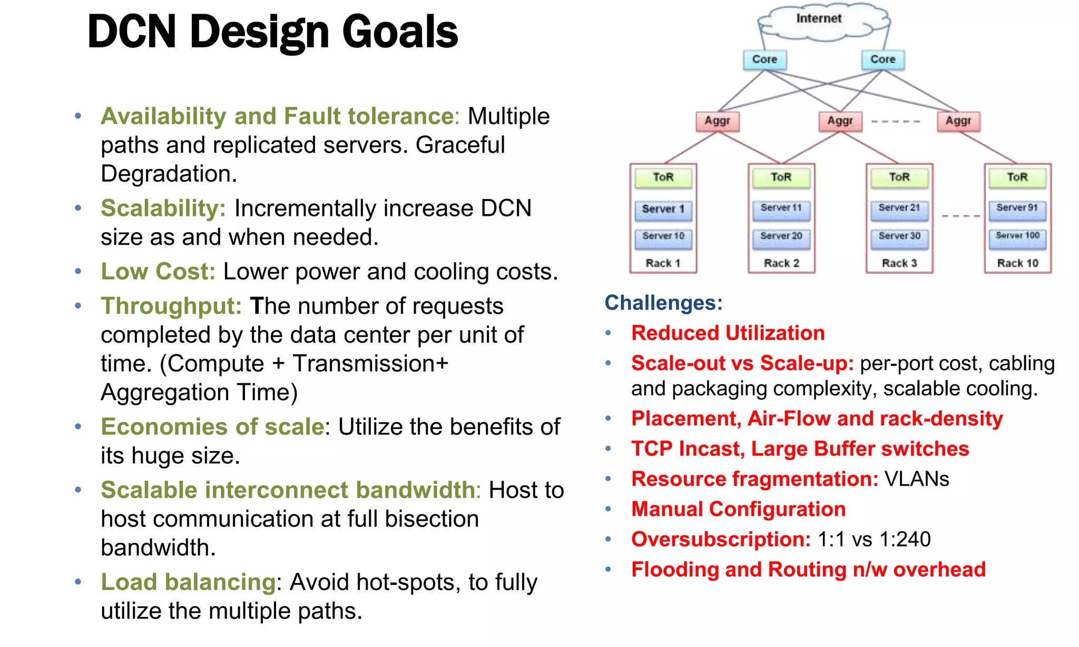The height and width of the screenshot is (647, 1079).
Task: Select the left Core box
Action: pyautogui.click(x=764, y=59)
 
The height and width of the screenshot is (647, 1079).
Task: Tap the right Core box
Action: pyautogui.click(x=882, y=59)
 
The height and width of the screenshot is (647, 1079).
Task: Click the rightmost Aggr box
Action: pyautogui.click(x=958, y=121)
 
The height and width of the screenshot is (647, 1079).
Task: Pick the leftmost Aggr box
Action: pyautogui.click(x=718, y=121)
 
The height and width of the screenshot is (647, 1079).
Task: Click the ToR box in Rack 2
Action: pyautogui.click(x=781, y=177)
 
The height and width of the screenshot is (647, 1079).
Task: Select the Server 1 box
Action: pyautogui.click(x=663, y=209)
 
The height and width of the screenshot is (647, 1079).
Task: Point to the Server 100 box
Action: pyautogui.click(x=1017, y=236)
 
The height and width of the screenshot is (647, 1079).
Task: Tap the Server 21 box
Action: pyautogui.click(x=899, y=208)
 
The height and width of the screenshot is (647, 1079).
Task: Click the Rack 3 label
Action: pyautogui.click(x=899, y=263)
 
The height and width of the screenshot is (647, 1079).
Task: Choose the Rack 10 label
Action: pyautogui.click(x=1017, y=263)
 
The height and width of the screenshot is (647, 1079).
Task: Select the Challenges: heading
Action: pyautogui.click(x=663, y=303)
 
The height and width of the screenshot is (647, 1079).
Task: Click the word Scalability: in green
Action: pyautogui.click(x=163, y=208)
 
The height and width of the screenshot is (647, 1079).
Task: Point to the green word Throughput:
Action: pyautogui.click(x=171, y=306)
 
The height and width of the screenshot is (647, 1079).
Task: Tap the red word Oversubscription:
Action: pyautogui.click(x=721, y=539)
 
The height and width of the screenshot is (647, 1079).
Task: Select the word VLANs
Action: pyautogui.click(x=917, y=479)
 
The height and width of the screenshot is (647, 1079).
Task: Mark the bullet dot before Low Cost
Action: pyautogui.click(x=78, y=272)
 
